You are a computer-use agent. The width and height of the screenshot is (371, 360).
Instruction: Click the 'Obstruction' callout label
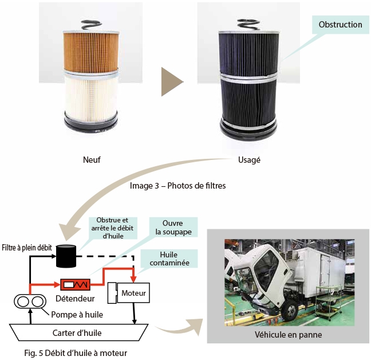[340, 25]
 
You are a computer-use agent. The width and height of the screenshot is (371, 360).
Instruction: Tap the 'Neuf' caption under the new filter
[92, 160]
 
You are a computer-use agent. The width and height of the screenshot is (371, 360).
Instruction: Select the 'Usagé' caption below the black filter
[249, 160]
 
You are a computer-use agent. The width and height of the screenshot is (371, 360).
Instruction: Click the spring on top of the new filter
[92, 24]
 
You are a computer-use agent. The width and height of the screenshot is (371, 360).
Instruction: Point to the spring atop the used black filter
[249, 24]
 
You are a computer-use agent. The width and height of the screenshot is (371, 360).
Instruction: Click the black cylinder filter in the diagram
[67, 256]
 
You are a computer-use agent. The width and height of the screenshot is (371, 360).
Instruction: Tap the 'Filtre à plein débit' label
[26, 248]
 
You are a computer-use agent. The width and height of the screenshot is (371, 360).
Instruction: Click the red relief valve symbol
[76, 284]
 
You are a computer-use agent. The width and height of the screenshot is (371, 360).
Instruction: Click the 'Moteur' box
[134, 294]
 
